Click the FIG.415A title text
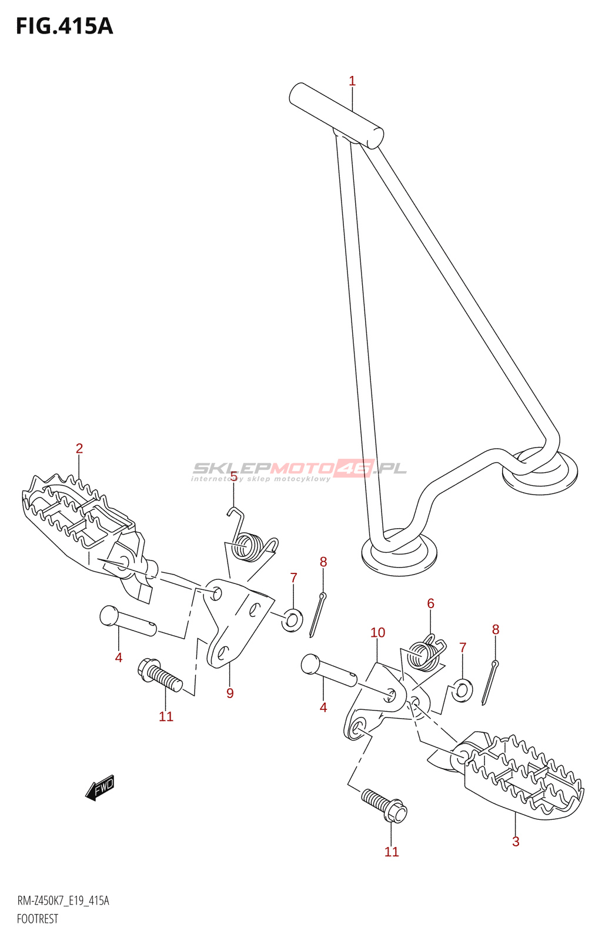coord(64,26)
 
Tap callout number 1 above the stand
coord(352,81)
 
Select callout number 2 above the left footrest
coord(79,448)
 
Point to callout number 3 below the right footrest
coord(516,842)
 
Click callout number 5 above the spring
coord(234,476)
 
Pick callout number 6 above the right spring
coord(431,603)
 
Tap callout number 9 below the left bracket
coord(230,693)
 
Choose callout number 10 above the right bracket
coord(377,633)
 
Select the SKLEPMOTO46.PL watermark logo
coord(299,469)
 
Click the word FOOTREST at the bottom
coord(38,919)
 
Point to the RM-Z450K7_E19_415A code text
coord(63,901)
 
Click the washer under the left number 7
coord(292,619)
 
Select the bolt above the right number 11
coord(384,805)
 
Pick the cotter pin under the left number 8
coord(317,615)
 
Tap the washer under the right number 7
coord(462,690)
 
